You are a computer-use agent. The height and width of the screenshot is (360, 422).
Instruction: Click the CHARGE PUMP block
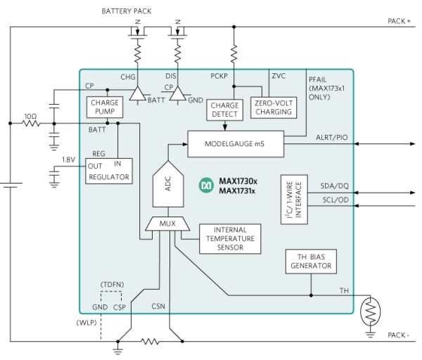(x=103, y=108)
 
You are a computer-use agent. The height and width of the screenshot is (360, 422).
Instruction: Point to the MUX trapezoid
(x=167, y=225)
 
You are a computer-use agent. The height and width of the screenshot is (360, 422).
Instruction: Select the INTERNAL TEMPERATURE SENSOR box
(x=229, y=239)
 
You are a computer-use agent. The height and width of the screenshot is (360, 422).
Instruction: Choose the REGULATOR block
(x=109, y=171)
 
